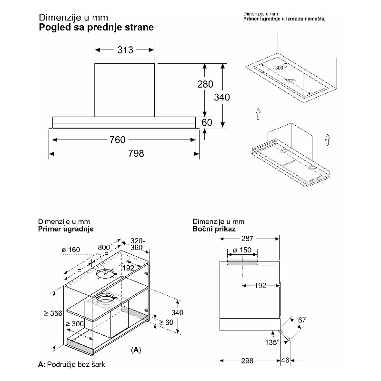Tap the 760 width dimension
pos(117,140)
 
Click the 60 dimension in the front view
pos(207,122)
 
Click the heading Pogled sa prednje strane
pos(96,27)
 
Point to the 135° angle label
pos(271,343)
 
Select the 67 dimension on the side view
pos(302,321)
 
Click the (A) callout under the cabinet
pos(136,350)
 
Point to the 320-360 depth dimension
pos(137,244)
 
